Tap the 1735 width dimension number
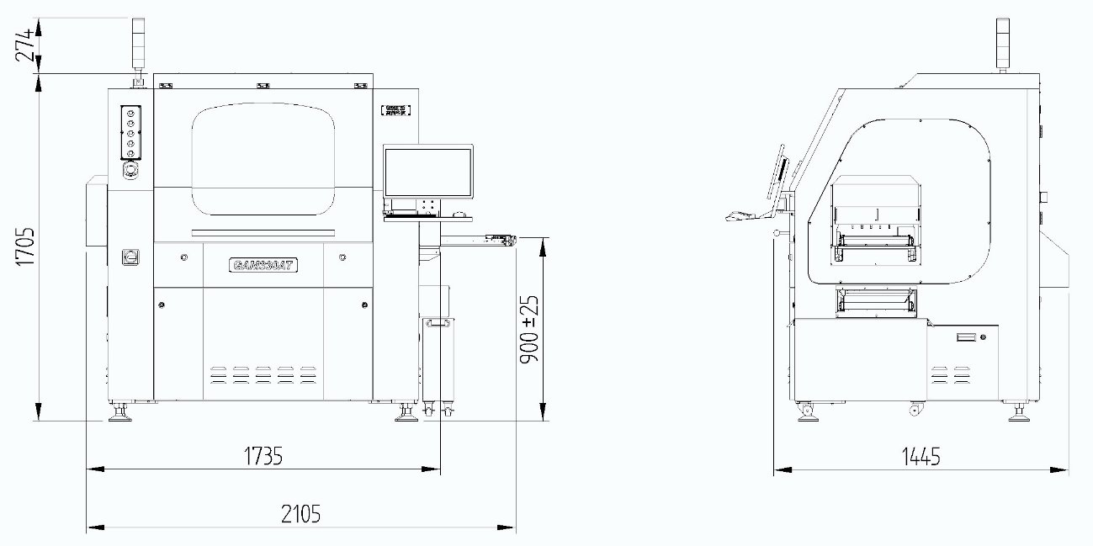click(x=263, y=456)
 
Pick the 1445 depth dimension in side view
click(x=921, y=457)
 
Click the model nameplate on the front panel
click(x=263, y=264)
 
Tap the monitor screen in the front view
click(x=427, y=172)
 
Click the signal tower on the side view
click(x=1002, y=42)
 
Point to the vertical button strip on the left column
click(x=130, y=132)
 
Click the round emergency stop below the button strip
click(x=130, y=171)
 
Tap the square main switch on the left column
click(x=130, y=257)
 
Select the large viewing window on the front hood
click(x=263, y=160)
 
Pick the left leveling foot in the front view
click(x=120, y=413)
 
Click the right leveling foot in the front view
click(x=407, y=413)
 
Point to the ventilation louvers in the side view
click(x=951, y=374)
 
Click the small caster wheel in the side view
click(x=914, y=410)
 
